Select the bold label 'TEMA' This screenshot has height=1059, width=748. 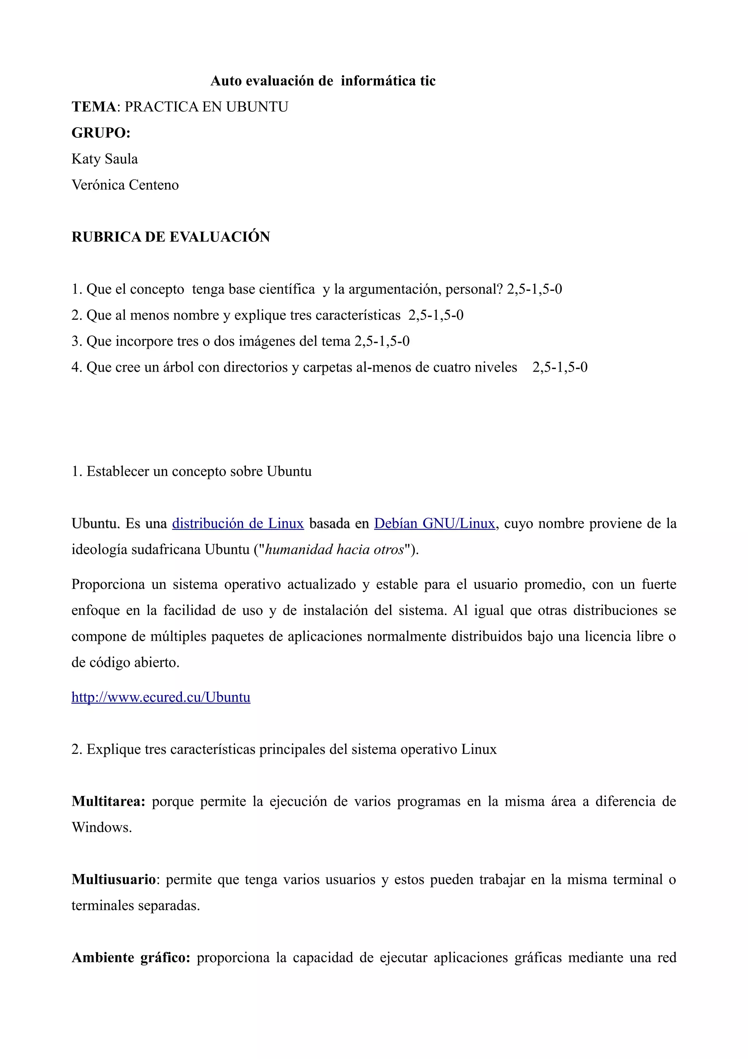coord(93,107)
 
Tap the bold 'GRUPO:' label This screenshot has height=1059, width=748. coord(101,133)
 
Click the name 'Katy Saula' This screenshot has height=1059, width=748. coord(104,159)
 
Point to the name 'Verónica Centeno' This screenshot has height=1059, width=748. coord(125,185)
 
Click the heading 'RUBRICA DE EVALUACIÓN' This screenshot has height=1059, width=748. coord(171,237)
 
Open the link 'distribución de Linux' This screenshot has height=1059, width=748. coord(238,524)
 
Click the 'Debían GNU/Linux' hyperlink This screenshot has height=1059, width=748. coord(434,524)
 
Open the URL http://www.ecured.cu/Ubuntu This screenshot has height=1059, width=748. coord(161,697)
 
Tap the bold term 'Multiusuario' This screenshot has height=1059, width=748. coord(113,880)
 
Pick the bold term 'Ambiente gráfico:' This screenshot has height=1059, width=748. coord(131,957)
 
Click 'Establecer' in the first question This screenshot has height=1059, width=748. coord(118,471)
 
